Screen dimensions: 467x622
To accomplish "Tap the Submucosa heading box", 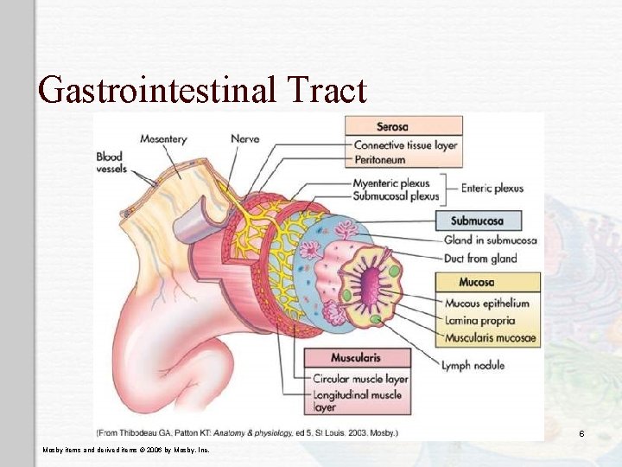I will coord(476,221).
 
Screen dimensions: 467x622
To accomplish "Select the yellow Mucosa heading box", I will coord(476,282).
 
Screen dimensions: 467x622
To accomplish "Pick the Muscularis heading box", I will coord(355,358).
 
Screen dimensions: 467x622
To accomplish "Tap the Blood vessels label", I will coord(111,163).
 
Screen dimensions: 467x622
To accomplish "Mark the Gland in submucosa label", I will coord(490,240).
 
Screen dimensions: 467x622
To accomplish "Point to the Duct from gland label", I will coord(480,258).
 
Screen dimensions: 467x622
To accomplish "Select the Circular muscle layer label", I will coord(360,378).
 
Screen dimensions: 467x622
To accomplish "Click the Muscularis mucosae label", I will coord(490,338).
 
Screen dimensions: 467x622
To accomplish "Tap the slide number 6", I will coord(582,432).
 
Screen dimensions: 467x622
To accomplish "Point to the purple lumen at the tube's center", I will coord(370,282).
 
